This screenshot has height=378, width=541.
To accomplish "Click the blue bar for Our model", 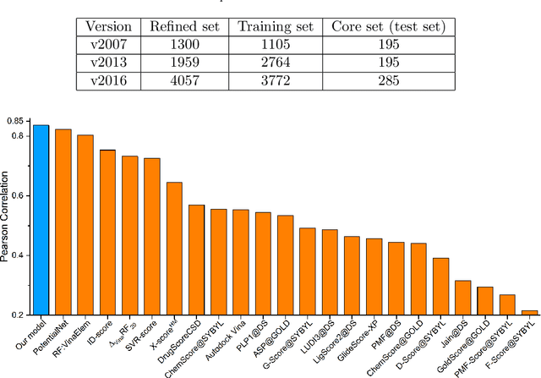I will point(41,220).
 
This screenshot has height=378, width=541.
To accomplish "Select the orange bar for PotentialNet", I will point(63,222).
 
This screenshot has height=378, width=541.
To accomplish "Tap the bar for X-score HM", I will point(174,249).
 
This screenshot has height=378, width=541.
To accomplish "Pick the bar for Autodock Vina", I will point(240,262).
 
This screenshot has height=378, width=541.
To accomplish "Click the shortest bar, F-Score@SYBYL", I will point(529,312).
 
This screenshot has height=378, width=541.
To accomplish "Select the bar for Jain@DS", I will point(462,298).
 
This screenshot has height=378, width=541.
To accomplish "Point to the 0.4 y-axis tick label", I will point(18,255).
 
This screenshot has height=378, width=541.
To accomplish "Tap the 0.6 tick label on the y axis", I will point(18,195).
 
